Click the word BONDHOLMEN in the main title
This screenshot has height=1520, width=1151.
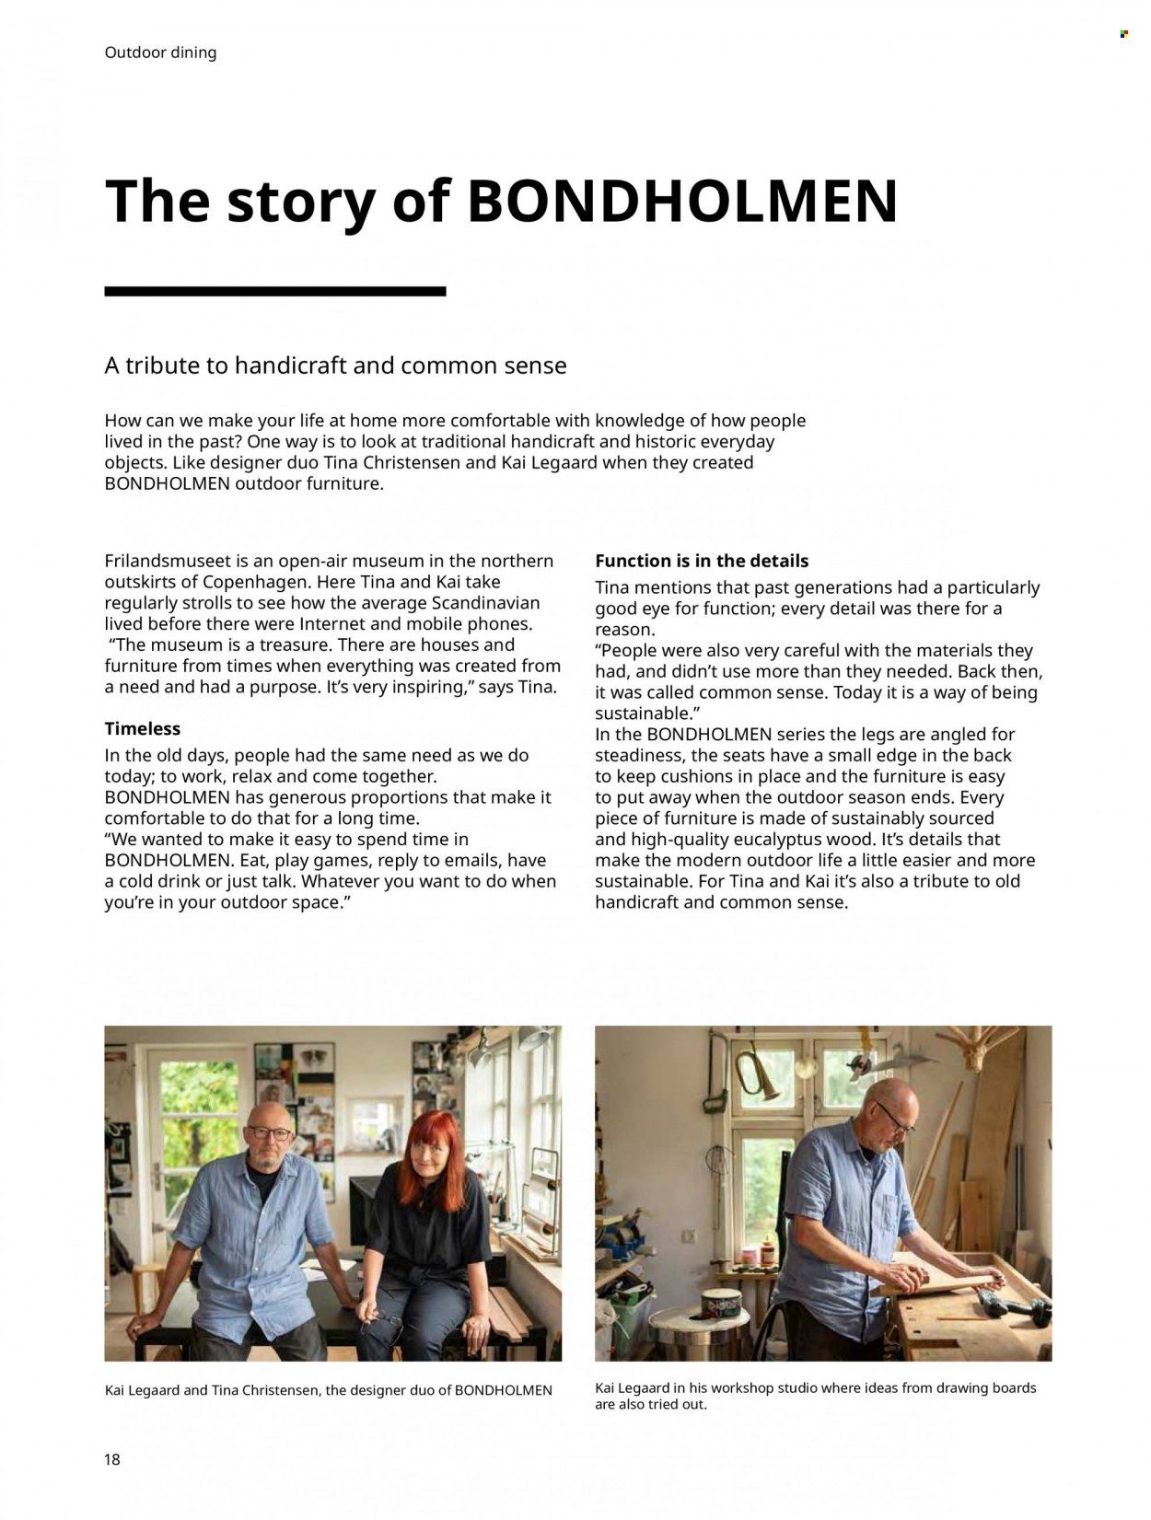coord(682,201)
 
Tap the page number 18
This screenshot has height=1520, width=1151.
coord(112,1459)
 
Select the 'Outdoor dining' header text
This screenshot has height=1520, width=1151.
coord(160,52)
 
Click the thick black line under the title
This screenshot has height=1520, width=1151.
coord(274,291)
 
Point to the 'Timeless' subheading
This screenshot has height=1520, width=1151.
coord(142,728)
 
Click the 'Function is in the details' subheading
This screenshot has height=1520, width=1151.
coord(701,561)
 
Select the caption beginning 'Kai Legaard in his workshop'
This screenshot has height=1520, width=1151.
coord(815,1396)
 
